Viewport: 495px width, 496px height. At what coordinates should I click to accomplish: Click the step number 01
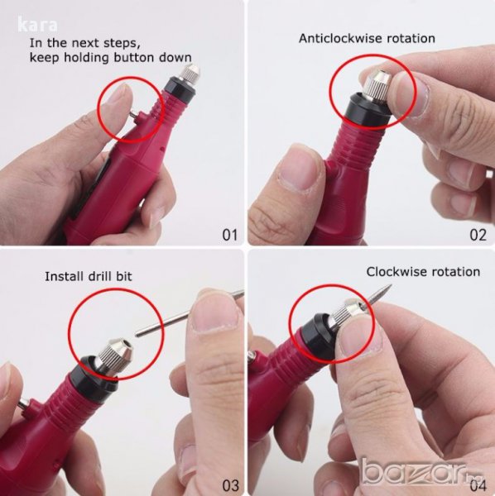coord(229,235)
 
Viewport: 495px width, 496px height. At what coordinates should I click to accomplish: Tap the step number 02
coord(478,235)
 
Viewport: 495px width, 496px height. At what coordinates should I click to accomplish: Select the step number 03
coord(230,485)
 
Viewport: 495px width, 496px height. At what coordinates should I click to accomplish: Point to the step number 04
coord(478,485)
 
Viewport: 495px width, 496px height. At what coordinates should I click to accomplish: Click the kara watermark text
coord(37,25)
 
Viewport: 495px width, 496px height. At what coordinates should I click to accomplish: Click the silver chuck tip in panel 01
coord(190,73)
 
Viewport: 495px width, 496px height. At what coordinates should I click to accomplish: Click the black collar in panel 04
coord(316,336)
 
